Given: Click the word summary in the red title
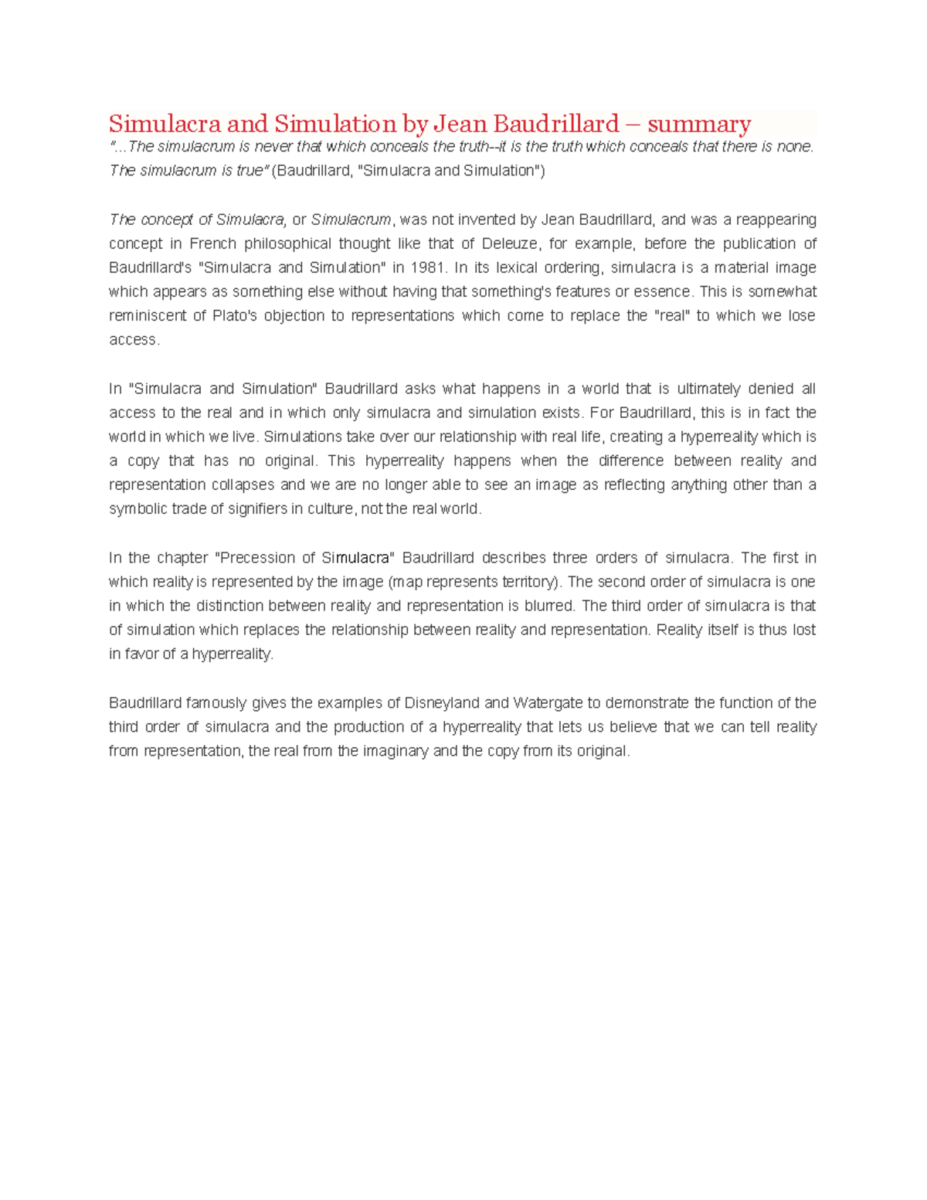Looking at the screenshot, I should coord(699,124).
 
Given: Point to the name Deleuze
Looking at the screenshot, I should coord(509,243).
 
